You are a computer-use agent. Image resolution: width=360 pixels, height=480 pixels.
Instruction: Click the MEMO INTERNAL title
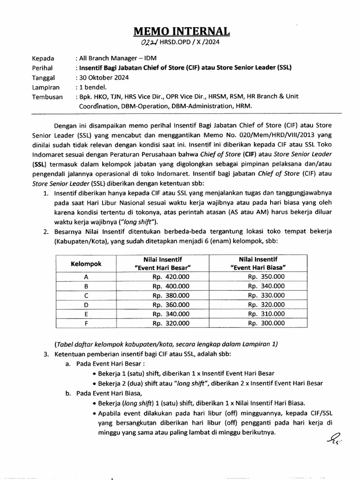point(182,31)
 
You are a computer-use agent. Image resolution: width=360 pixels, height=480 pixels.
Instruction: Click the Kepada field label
point(43,59)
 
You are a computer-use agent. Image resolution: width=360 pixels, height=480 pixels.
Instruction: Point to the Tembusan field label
point(47,96)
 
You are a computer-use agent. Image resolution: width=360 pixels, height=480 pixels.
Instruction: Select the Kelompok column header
point(86,263)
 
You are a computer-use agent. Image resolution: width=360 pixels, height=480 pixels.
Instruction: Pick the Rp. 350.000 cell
point(266,277)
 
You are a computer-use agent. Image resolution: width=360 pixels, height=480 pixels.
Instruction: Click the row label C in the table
point(86,295)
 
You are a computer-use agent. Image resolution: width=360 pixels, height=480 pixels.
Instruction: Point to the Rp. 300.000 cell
point(266,323)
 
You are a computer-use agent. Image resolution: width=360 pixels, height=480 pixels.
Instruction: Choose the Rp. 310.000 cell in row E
point(266,314)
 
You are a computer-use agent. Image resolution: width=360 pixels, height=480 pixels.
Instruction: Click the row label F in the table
point(86,323)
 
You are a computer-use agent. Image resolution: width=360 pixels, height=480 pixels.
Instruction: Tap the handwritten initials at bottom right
point(329,439)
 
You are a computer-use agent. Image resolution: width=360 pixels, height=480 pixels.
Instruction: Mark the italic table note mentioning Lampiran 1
point(166,344)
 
